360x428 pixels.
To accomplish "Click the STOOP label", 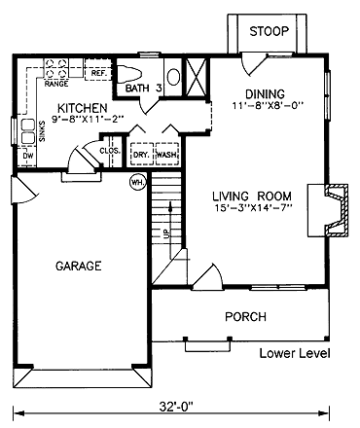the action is coord(269,31).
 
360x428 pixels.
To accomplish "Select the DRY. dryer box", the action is coord(141,154).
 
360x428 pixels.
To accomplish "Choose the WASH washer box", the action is coord(167,154).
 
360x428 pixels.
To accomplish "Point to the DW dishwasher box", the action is coord(27,157).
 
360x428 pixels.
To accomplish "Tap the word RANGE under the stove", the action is coord(56,84).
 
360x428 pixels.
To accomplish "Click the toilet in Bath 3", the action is coord(129,75).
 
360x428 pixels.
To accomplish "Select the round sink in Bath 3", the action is coord(174,77).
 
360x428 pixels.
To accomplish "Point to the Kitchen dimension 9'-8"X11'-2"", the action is coord(88,119).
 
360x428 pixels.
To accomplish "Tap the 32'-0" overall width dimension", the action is coord(176,406).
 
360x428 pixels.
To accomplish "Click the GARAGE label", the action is coord(79,266).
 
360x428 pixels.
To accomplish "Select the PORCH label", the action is coord(246,317).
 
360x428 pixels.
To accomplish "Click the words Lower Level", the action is coord(295,353).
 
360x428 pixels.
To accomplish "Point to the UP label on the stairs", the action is coord(165,232).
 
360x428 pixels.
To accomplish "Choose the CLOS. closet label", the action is coord(110,151).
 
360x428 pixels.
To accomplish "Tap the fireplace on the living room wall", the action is coord(337,210).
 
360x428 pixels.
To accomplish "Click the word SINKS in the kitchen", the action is coord(42,131).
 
